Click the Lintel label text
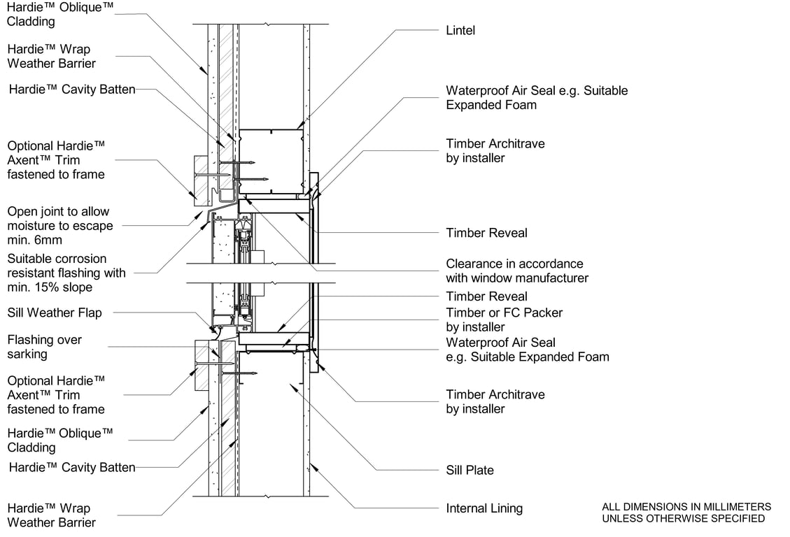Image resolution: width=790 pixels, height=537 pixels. tap(460, 31)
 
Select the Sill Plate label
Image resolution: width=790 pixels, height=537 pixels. tap(470, 471)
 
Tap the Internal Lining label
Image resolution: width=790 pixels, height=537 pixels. tap(484, 508)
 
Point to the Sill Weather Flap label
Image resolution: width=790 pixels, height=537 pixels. tap(54, 313)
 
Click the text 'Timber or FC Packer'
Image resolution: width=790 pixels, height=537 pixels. tap(504, 313)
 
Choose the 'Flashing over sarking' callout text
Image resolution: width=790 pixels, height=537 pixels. tap(44, 347)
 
